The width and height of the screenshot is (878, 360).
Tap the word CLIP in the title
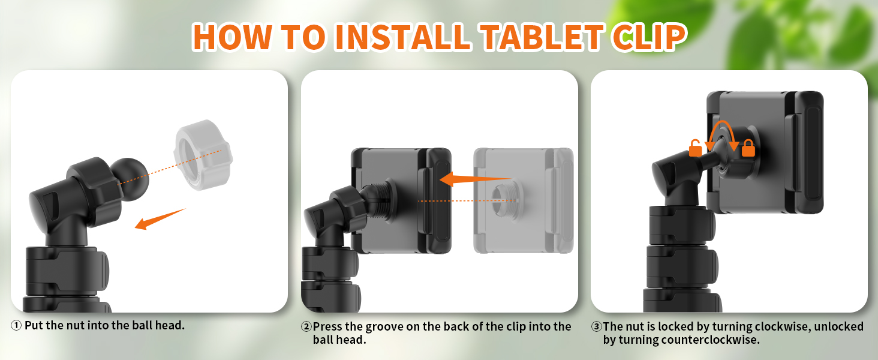[x=648, y=37]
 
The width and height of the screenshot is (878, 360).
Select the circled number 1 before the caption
[x=16, y=326]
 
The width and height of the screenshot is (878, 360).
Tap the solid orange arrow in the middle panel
[x=474, y=179]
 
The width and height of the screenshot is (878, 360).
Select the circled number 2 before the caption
[x=306, y=327]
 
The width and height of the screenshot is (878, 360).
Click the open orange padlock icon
[x=695, y=148]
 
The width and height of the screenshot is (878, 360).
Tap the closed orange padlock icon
[x=748, y=148]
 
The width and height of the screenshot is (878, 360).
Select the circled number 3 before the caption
[x=596, y=327]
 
